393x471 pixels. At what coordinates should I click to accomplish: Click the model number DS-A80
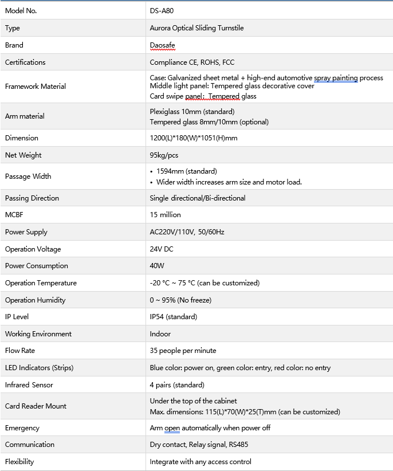tap(162, 11)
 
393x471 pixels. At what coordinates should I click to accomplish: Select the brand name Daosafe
tap(163, 45)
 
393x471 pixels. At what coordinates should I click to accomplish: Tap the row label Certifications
tap(25, 62)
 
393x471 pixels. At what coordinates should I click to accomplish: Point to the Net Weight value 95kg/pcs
tap(164, 155)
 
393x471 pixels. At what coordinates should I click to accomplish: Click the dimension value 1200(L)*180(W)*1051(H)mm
tap(194, 138)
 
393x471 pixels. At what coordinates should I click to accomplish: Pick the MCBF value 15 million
tap(165, 215)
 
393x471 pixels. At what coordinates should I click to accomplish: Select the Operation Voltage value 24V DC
tap(162, 249)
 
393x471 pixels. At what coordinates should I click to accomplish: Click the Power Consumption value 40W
tap(157, 266)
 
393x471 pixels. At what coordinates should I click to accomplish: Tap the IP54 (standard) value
tap(173, 317)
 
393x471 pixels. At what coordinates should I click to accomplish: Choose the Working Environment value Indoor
tap(160, 334)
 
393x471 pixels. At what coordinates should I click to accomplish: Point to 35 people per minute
tap(183, 351)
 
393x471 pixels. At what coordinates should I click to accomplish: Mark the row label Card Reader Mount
tap(36, 406)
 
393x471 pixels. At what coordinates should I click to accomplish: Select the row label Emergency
tap(22, 428)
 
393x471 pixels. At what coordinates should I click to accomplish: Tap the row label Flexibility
tap(19, 462)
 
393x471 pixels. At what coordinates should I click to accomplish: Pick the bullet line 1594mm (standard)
tap(186, 171)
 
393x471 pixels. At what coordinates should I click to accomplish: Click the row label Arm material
tap(25, 116)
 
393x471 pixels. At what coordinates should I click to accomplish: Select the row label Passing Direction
tap(32, 198)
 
